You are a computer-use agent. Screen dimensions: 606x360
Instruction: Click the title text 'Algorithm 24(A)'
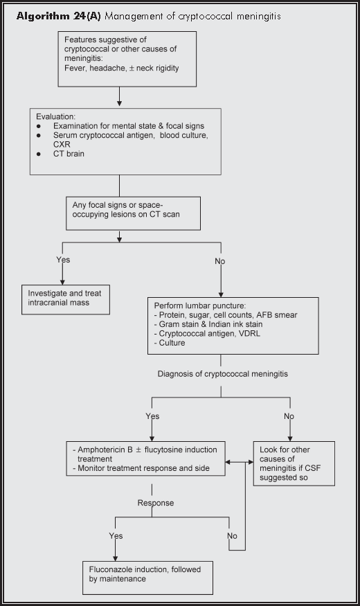59,16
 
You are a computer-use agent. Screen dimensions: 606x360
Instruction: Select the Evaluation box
125,141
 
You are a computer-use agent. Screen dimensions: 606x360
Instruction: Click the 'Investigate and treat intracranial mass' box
64,297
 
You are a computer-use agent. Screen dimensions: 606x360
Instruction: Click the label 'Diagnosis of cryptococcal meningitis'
221,374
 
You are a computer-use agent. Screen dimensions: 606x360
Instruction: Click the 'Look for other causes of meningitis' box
294,463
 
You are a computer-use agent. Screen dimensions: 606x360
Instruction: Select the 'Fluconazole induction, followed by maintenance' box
147,578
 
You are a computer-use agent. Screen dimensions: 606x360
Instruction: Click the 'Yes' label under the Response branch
116,535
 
